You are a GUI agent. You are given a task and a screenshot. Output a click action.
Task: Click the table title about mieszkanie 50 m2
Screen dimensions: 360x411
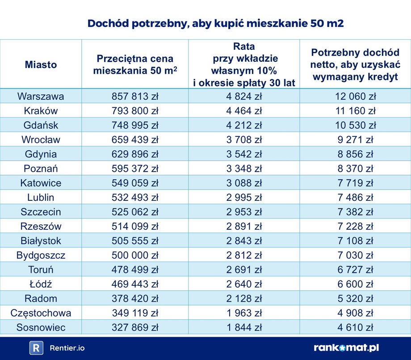tap(215, 24)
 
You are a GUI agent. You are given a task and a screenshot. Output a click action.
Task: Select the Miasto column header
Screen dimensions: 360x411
tap(41, 64)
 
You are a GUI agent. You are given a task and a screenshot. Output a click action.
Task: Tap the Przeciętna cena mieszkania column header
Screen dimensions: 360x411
tap(135, 64)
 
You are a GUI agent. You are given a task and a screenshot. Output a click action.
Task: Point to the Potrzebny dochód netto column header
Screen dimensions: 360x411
tap(355, 64)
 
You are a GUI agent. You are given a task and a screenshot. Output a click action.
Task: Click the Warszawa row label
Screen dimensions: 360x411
tap(41, 97)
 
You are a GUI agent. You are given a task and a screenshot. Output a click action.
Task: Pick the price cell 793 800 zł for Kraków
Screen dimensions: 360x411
tap(135, 111)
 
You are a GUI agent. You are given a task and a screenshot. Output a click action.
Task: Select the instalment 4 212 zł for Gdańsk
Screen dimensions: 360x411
tap(243, 125)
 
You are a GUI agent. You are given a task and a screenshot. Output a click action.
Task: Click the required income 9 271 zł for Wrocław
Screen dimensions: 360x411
tap(355, 140)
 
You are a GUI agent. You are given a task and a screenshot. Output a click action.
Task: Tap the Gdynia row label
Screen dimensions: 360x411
tap(41, 154)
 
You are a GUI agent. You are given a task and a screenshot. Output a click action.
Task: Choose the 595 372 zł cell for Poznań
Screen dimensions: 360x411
tap(135, 169)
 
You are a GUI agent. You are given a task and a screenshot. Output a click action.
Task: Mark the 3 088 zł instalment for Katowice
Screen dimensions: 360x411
tap(243, 183)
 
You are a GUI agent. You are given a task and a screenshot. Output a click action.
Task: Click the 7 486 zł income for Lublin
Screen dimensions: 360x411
tap(355, 197)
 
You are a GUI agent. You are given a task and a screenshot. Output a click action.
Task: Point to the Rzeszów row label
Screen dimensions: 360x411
tap(41, 226)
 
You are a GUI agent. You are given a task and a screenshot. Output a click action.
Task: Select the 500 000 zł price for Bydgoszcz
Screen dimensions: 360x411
tap(135, 255)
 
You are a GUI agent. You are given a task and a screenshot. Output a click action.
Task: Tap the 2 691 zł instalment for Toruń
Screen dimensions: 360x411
tap(243, 270)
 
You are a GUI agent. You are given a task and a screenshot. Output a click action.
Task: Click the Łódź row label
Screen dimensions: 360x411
tap(41, 284)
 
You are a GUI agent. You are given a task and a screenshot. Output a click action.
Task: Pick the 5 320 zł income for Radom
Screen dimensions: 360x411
tap(355, 298)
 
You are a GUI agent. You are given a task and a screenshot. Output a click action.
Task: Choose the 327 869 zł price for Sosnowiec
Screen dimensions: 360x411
tap(135, 327)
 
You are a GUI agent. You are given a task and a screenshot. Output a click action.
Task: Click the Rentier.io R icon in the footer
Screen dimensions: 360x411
tap(36, 348)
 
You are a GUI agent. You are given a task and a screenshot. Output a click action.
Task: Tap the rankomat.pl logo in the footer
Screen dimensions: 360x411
tap(346, 348)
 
